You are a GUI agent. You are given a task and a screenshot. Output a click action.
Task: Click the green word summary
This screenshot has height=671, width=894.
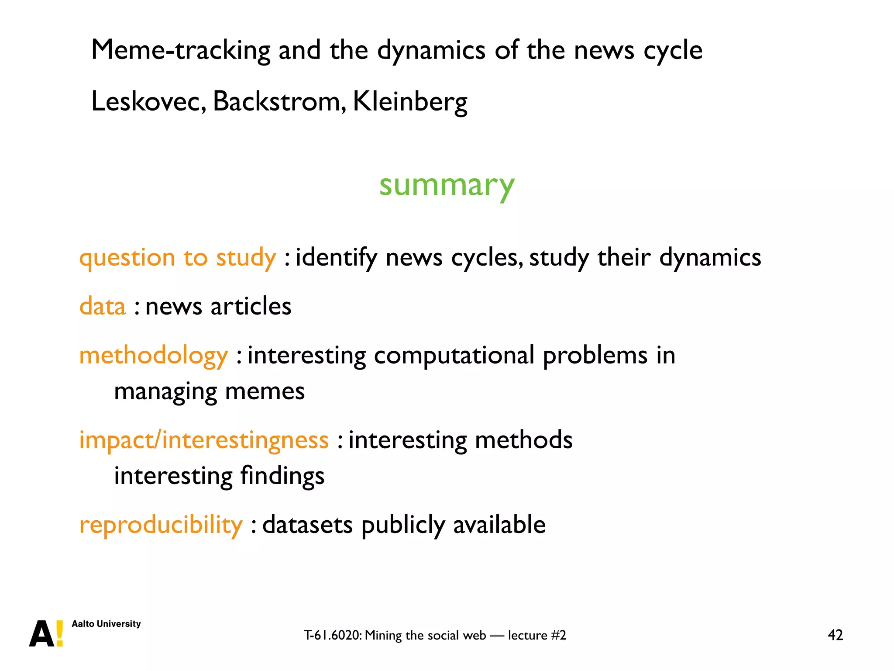pos(447,185)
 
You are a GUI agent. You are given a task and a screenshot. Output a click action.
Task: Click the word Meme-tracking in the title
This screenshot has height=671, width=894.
pos(181,50)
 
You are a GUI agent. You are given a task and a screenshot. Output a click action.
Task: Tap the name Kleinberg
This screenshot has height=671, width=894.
pos(409,101)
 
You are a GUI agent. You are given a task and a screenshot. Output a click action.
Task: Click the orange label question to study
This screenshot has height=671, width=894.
pos(177,257)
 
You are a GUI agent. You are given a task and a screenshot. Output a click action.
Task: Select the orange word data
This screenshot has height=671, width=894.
pos(103,306)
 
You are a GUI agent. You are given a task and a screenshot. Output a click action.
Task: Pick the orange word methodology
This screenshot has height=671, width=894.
pos(153,355)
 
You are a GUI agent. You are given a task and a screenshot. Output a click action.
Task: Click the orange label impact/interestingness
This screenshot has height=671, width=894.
pos(203,440)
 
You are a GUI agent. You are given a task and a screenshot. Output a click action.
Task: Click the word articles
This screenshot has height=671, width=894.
pos(251,306)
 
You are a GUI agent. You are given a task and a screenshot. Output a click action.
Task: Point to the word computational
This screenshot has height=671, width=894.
pos(454,355)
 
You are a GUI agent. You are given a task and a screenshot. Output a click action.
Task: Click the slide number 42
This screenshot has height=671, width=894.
pos(835,635)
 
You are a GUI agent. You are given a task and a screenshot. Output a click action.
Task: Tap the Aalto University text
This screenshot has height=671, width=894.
pos(106,624)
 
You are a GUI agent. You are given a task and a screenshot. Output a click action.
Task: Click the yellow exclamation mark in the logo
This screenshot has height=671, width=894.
pos(60,633)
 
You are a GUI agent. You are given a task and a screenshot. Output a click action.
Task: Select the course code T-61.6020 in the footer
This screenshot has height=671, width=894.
pos(333,635)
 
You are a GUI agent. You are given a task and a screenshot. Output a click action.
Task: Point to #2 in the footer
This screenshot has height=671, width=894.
pos(558,635)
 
